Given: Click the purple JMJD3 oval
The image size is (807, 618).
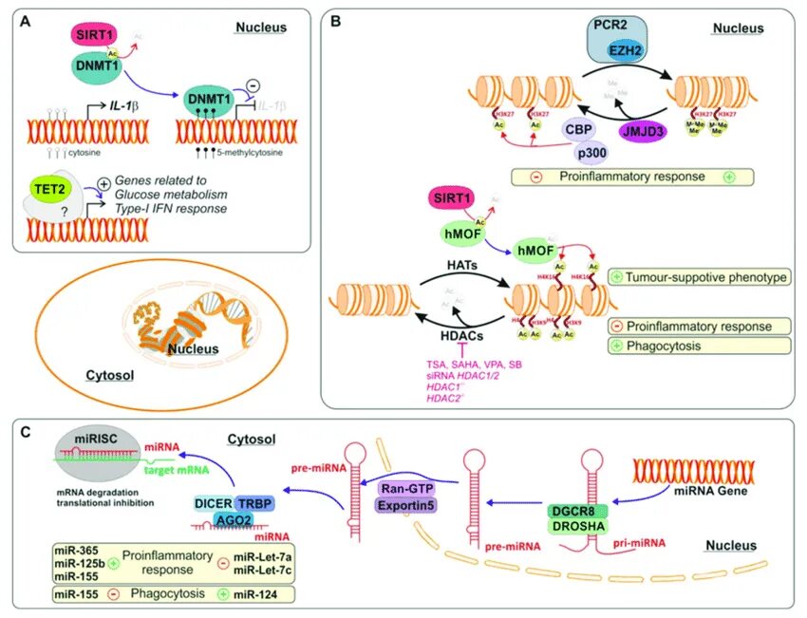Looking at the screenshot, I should pyautogui.click(x=645, y=134).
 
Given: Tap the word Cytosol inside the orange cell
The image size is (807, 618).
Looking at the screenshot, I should pyautogui.click(x=106, y=375).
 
